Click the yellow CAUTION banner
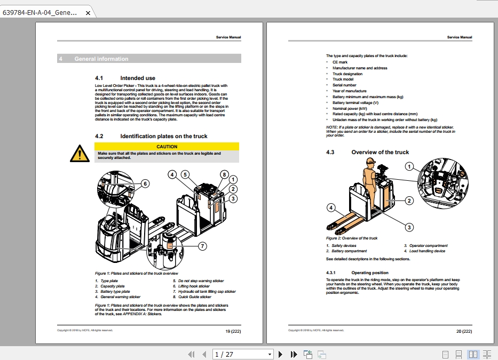[x=167, y=146]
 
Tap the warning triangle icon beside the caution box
[x=80, y=153]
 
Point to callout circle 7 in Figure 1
[x=202, y=246]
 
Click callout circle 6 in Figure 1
[x=145, y=184]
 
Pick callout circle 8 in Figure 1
[x=224, y=174]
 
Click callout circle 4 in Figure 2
[x=331, y=207]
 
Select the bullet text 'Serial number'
[x=344, y=85]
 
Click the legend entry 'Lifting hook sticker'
[x=194, y=286]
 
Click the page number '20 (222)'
[x=464, y=331]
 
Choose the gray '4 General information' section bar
[x=149, y=59]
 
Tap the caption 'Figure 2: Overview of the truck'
[x=352, y=238]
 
